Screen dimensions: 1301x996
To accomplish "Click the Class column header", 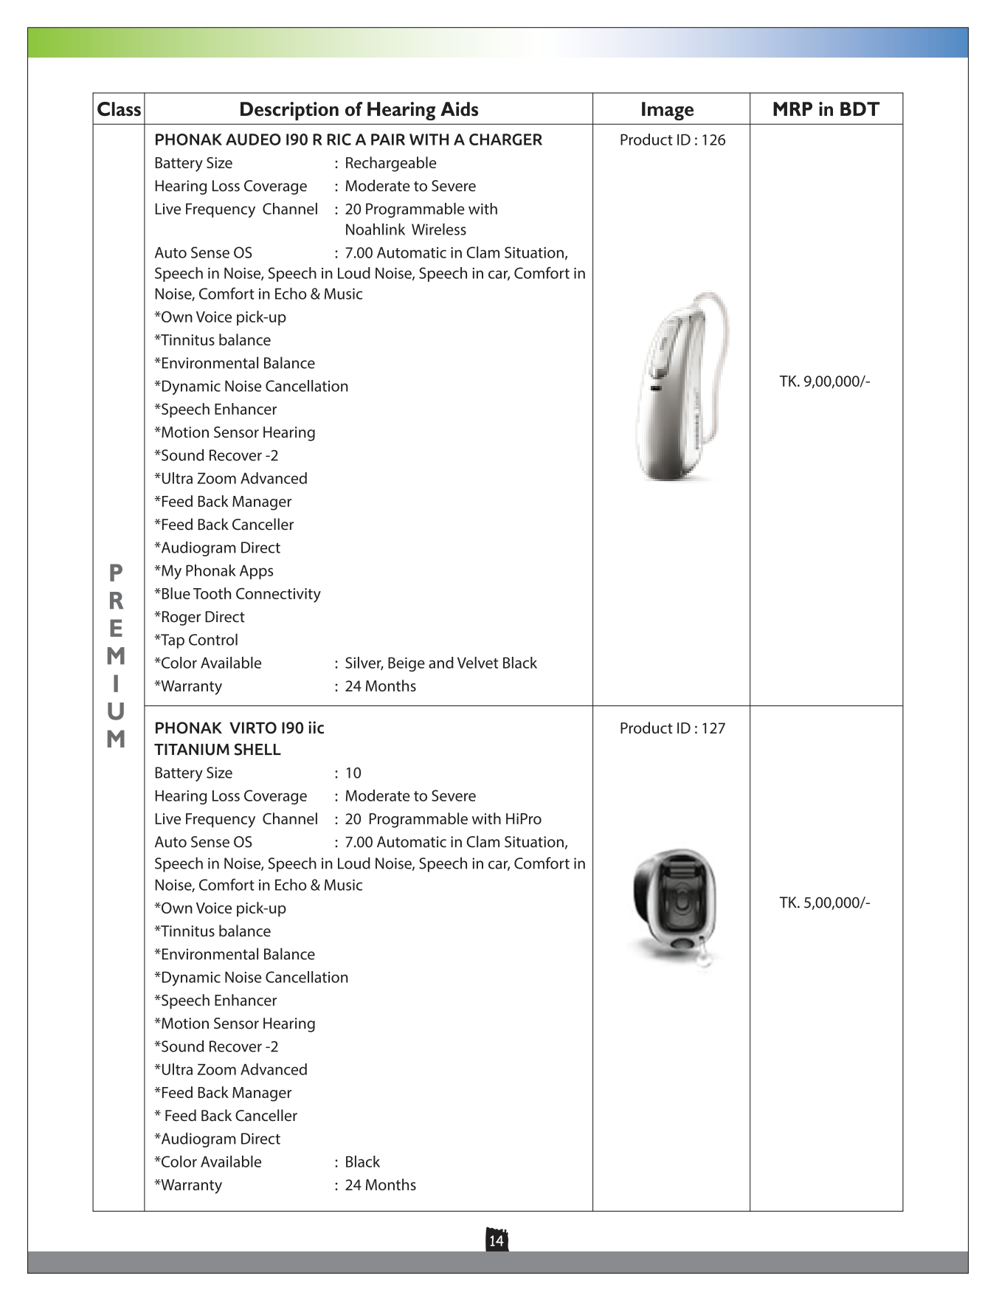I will coord(119,109).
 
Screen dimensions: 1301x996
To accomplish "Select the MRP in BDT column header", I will coord(826,109).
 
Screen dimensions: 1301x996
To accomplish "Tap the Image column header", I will coord(667,109).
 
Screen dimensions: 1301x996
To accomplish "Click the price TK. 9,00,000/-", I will coord(825,382).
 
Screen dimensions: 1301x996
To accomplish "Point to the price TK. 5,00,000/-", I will coord(825,903).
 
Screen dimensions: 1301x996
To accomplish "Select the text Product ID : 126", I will coord(672,140).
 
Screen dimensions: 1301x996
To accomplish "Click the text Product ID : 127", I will coord(672,728).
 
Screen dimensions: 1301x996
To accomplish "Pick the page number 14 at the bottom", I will coord(497,1240).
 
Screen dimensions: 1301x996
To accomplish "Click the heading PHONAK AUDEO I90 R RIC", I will coord(347,140).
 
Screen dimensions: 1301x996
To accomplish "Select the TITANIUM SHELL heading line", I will coord(218,750).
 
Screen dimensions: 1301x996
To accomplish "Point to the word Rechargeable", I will coord(390,163).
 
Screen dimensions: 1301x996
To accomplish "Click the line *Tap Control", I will coord(196,640).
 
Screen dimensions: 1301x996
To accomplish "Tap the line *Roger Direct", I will coord(199,617).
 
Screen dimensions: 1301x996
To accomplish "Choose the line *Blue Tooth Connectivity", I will coord(238,594).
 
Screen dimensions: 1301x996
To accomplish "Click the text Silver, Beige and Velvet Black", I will coord(440,663).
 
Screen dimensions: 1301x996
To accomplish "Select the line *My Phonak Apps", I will coord(214,570).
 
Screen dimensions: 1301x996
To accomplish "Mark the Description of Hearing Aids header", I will coord(359,109).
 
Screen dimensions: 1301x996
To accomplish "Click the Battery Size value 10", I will coord(353,773).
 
